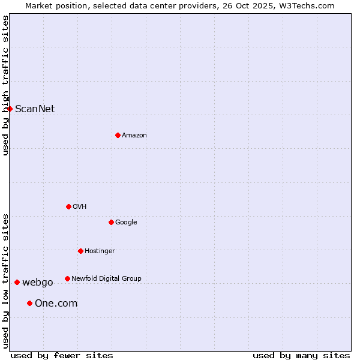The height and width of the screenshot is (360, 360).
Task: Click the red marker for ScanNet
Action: (10, 109)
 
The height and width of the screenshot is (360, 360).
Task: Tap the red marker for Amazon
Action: (118, 135)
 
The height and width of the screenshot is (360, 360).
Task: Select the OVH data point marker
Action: (68, 206)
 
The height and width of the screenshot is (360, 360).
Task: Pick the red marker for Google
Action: (111, 222)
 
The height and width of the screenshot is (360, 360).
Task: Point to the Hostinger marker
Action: (80, 251)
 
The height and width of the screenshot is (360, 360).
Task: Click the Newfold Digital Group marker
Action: (67, 278)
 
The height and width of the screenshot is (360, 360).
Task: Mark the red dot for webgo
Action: (17, 282)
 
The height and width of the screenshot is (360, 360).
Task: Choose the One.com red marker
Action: (29, 303)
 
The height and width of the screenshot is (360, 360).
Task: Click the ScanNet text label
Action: (35, 109)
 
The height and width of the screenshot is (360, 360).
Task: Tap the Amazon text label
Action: (134, 135)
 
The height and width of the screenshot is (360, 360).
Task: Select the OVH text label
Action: (80, 206)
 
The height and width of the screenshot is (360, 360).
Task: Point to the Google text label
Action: (126, 222)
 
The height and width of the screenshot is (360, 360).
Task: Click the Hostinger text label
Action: (100, 251)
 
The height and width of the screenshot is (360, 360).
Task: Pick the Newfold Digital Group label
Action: (106, 278)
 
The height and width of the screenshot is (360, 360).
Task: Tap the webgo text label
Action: (38, 282)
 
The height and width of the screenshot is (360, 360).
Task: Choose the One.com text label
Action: (56, 303)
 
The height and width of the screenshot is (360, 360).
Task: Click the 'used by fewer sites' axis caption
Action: (62, 355)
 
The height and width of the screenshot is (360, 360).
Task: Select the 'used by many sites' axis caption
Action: (301, 355)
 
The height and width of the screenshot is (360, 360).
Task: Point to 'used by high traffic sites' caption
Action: (5, 85)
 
